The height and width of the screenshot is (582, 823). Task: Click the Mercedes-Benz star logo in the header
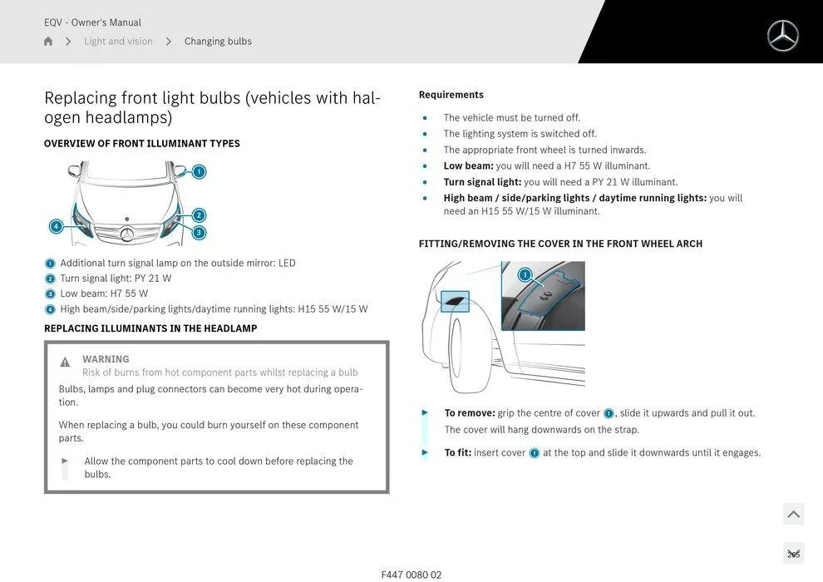click(x=782, y=36)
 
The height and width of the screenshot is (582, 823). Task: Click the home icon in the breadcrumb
click(x=48, y=42)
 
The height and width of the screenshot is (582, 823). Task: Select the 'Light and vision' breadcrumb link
click(x=118, y=42)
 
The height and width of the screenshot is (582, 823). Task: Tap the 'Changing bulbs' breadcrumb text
click(x=218, y=42)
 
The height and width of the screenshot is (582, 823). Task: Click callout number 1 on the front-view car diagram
click(x=199, y=172)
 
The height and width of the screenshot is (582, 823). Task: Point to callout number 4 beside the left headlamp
click(x=57, y=226)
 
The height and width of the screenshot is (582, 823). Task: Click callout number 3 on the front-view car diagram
click(x=199, y=233)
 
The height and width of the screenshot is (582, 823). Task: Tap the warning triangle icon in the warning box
click(x=65, y=363)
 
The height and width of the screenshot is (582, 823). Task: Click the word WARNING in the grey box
click(x=106, y=359)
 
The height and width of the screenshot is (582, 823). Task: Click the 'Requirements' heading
click(x=451, y=95)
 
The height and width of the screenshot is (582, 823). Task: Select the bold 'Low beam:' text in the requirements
click(x=468, y=166)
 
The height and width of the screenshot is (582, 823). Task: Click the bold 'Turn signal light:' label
click(x=482, y=182)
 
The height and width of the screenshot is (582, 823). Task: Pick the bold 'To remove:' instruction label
click(x=470, y=413)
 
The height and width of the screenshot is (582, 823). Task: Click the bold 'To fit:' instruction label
click(x=457, y=453)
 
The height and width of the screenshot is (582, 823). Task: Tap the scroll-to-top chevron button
click(x=793, y=515)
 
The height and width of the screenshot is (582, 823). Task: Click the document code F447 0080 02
click(x=411, y=575)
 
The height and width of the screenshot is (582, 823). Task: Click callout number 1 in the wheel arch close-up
click(x=525, y=275)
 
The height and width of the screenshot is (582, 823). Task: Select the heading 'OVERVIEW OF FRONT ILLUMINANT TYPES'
click(x=142, y=144)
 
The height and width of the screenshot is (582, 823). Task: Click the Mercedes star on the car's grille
click(x=127, y=234)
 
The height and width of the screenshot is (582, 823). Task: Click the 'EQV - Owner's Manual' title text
click(x=92, y=22)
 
